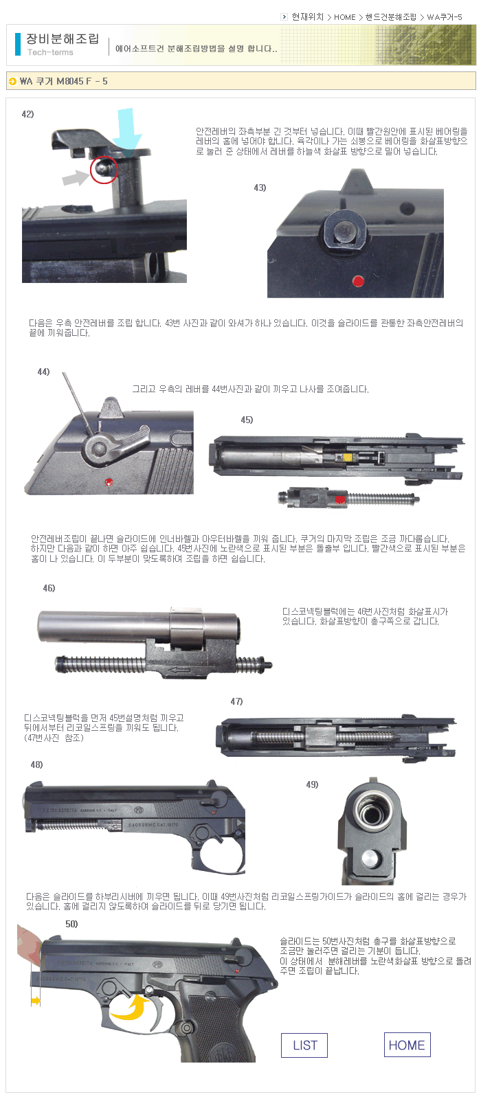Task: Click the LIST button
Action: pyautogui.click(x=304, y=1045)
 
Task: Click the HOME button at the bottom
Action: pyautogui.click(x=407, y=1045)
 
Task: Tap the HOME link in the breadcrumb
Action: pyautogui.click(x=344, y=17)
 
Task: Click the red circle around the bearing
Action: pyautogui.click(x=104, y=169)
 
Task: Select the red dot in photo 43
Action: pyautogui.click(x=359, y=281)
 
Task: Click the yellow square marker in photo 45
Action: pyautogui.click(x=349, y=457)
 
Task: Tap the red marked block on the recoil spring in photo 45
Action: pyautogui.click(x=339, y=499)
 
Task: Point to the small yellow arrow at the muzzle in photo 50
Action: pyautogui.click(x=36, y=1001)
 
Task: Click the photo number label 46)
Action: pyautogui.click(x=49, y=588)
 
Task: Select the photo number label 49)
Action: pyautogui.click(x=312, y=784)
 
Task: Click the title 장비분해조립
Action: pyautogui.click(x=63, y=38)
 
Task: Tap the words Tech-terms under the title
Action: pyautogui.click(x=50, y=52)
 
